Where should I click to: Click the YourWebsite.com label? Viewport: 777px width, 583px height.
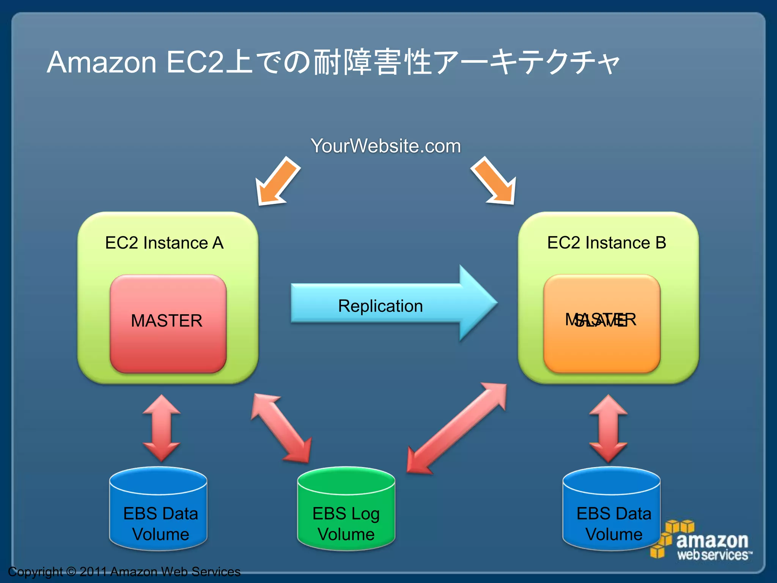(x=385, y=146)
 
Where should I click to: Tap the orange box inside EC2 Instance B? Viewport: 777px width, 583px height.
(x=602, y=342)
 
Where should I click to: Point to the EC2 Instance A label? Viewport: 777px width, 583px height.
(x=164, y=243)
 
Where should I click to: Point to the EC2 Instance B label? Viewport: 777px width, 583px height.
(x=606, y=243)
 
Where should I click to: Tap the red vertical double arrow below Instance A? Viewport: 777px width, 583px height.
(x=161, y=428)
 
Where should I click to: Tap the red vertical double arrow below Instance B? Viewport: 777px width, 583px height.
(x=608, y=428)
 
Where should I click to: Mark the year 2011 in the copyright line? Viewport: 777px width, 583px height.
(x=93, y=572)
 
